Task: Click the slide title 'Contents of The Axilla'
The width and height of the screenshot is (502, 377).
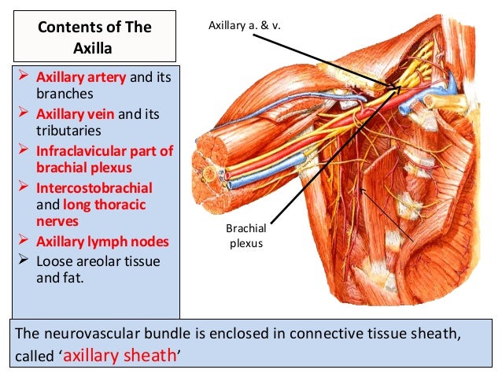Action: point(94,37)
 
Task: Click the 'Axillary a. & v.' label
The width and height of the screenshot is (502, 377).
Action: point(244,27)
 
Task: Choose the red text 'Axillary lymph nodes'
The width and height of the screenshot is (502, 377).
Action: point(95,242)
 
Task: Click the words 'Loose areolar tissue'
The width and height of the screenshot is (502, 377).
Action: point(94,261)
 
